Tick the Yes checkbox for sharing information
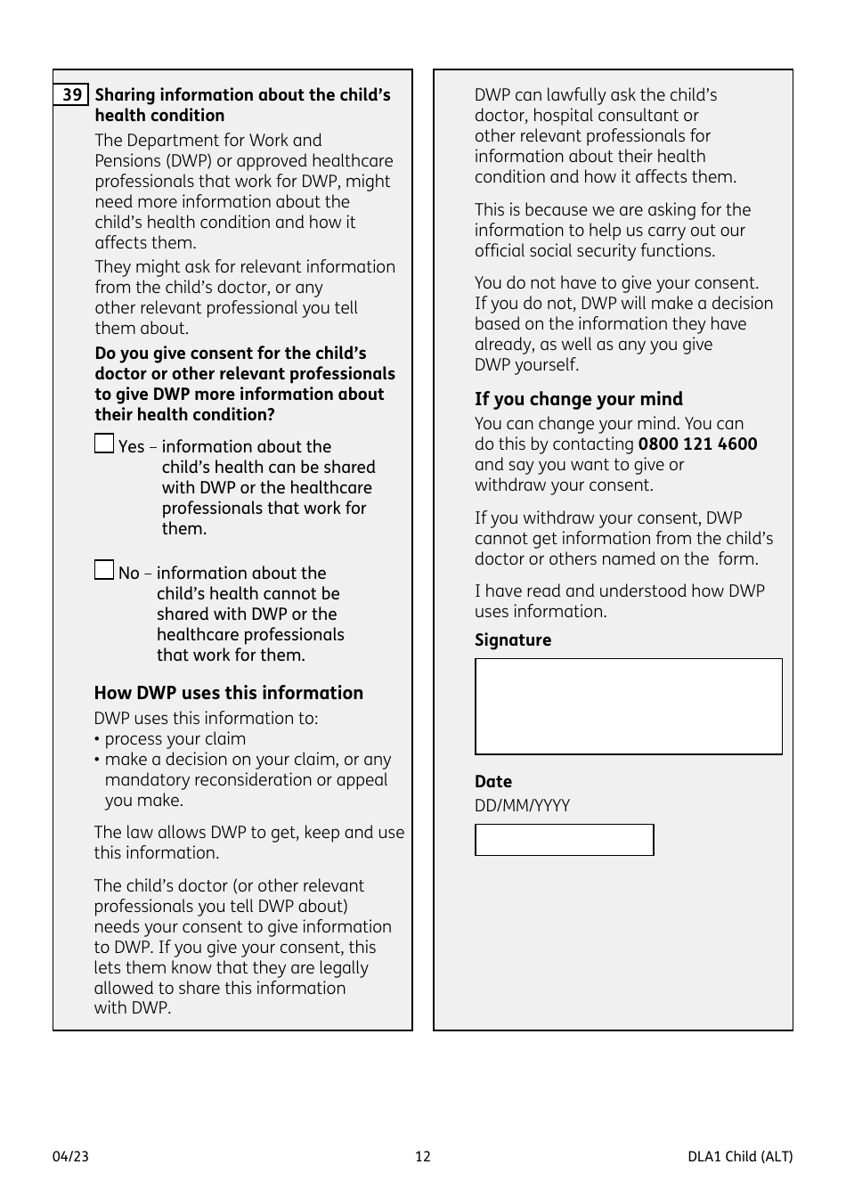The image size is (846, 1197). pos(104,444)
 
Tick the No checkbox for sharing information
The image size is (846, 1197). pos(104,570)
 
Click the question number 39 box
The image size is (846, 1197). pos(71,94)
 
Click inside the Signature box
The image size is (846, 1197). pos(628,706)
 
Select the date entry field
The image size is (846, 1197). pos(564,840)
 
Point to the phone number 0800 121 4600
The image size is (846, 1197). pos(697,444)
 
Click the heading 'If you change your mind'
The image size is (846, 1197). pos(578,399)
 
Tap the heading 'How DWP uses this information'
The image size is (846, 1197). pos(228,693)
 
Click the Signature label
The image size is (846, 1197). pos(512,640)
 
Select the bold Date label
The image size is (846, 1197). pos(492,782)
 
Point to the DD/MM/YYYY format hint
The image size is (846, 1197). pos(522,806)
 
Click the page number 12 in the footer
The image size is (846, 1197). pos(422,1157)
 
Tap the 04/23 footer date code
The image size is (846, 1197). pos(70,1157)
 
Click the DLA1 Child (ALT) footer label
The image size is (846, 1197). pos(739,1157)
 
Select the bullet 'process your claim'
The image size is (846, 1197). pos(175,739)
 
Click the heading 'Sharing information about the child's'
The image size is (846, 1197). pos(242,95)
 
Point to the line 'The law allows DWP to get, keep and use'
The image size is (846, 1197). pos(248,833)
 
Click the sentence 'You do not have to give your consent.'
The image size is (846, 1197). pos(616,283)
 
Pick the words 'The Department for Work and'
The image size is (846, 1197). pos(208,141)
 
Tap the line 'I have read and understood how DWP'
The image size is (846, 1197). pos(619,591)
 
